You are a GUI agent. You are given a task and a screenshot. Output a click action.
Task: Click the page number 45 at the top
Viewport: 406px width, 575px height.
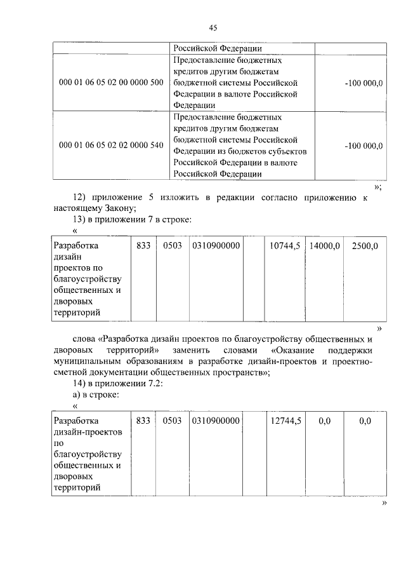pyautogui.click(x=213, y=27)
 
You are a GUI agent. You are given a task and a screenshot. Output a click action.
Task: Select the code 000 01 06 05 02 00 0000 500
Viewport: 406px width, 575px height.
pyautogui.click(x=110, y=83)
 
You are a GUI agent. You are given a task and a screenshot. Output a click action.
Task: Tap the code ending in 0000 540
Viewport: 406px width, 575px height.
pyautogui.click(x=110, y=145)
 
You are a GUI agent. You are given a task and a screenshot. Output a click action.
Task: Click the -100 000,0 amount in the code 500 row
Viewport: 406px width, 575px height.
pyautogui.click(x=363, y=83)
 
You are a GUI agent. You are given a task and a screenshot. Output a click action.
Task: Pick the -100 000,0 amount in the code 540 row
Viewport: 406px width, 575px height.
pyautogui.click(x=363, y=145)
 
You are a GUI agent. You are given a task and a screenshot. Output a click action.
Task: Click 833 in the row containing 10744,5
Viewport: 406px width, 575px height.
pyautogui.click(x=143, y=245)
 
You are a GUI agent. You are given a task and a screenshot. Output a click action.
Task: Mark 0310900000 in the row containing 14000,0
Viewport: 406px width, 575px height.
pyautogui.click(x=215, y=245)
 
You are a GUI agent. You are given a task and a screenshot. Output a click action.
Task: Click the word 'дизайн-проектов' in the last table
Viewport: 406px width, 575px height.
pyautogui.click(x=86, y=431)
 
